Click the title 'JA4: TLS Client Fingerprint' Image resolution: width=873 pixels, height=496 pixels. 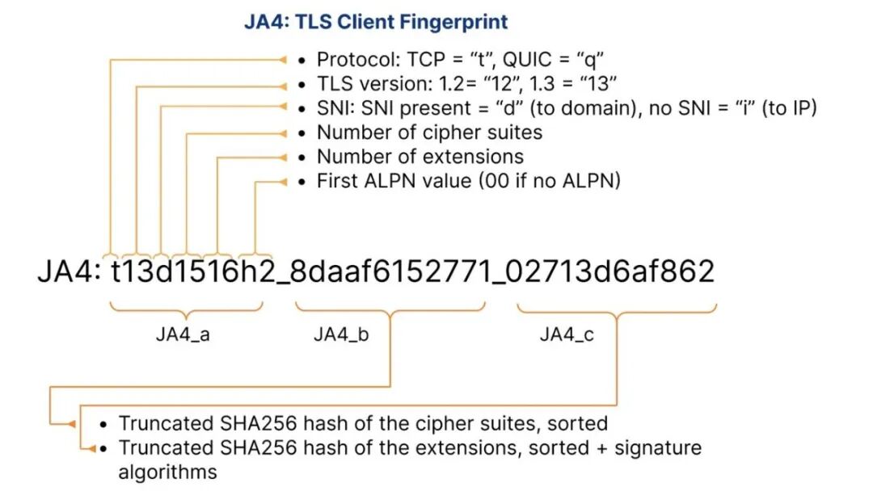[376, 23]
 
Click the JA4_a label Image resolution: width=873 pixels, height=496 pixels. [183, 334]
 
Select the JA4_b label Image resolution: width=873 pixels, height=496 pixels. [341, 334]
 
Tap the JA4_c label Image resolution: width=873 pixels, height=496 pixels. [567, 334]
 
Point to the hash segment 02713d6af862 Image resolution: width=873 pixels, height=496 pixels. [611, 271]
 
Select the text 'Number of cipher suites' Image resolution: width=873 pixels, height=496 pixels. [429, 132]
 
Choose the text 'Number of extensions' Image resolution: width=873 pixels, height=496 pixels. [420, 157]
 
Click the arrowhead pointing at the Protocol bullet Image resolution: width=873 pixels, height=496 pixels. [282, 60]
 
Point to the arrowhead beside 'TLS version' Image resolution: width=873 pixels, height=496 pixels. [282, 86]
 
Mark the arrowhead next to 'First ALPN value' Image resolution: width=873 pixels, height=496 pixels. [282, 182]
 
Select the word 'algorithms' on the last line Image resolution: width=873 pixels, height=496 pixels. [167, 472]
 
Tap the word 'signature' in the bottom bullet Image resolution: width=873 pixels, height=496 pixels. [657, 448]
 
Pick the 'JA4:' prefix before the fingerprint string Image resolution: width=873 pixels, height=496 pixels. [69, 271]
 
